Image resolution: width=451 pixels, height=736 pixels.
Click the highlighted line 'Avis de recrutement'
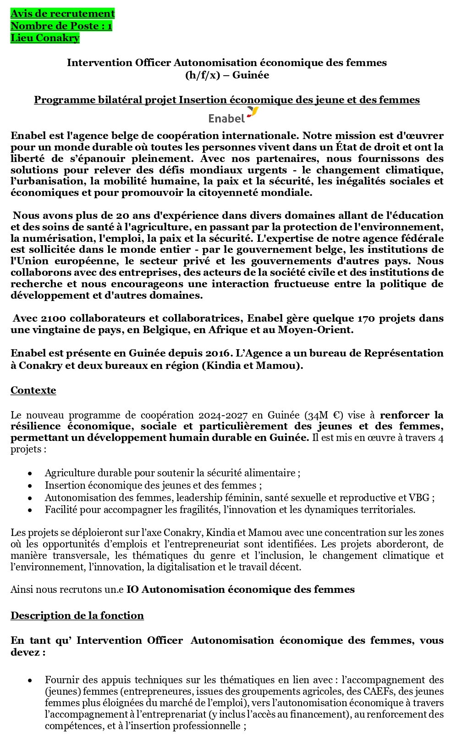coord(62,14)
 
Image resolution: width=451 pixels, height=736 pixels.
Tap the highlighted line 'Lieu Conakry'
coord(45,38)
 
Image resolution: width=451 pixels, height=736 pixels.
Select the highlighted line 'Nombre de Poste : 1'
coord(61,26)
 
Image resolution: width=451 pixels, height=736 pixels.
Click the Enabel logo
coord(233,115)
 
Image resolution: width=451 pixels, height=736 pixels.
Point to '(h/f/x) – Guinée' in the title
coord(227,75)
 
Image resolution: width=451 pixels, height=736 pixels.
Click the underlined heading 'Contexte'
coord(33,390)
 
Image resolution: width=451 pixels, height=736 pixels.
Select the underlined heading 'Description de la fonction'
coord(77,616)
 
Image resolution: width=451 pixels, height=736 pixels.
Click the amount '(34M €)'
coord(325,415)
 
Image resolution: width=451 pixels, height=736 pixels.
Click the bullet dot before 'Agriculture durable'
coord(30,474)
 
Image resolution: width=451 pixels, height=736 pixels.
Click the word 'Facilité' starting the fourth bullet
coord(60,510)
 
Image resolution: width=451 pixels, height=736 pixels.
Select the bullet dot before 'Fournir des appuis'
coord(30,680)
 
